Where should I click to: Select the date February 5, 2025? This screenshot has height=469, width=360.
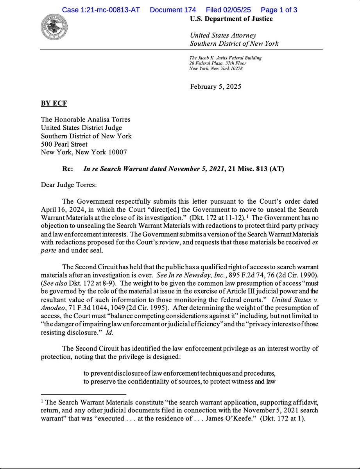coord(215,86)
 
